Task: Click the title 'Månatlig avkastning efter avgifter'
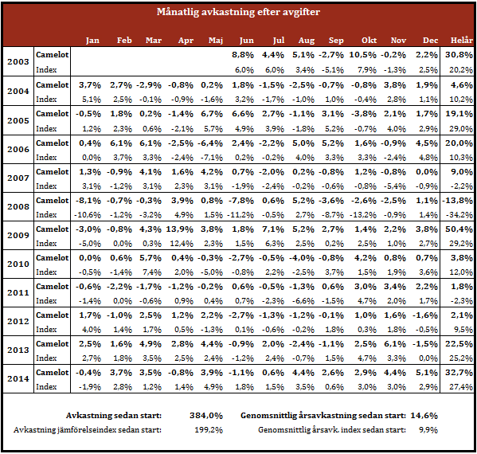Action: tap(238, 12)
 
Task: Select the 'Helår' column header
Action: tap(462, 40)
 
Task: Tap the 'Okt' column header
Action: tap(369, 40)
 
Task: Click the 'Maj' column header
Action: tap(216, 41)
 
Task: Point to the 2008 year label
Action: tap(18, 206)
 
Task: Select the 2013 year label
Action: tap(18, 350)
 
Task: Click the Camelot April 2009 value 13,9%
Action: tap(179, 229)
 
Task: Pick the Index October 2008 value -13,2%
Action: tap(362, 215)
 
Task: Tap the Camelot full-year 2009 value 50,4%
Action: tap(459, 229)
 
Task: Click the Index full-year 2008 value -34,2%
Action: tap(459, 215)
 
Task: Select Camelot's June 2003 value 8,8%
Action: tap(242, 55)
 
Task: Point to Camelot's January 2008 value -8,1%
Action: tap(88, 201)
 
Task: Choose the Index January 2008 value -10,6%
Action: tap(88, 215)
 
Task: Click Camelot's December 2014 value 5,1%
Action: tap(427, 373)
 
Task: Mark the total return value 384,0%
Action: tap(206, 415)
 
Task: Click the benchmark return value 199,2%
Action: tap(209, 430)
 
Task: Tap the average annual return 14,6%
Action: tap(424, 415)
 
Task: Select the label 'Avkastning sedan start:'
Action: tap(114, 415)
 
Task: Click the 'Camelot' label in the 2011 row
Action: tap(53, 286)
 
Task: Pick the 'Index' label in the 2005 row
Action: tap(46, 128)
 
